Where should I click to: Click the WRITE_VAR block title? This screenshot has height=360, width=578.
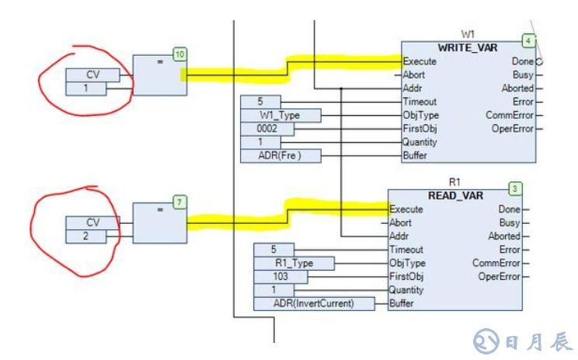click(467, 47)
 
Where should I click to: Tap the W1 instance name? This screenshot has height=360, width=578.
click(468, 34)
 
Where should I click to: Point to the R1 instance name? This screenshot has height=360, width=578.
click(455, 182)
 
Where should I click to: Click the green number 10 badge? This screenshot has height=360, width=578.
click(179, 54)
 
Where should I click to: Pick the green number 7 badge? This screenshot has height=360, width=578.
click(179, 202)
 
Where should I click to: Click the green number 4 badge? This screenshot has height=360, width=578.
click(529, 40)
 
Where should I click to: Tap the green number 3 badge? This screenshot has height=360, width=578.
click(514, 189)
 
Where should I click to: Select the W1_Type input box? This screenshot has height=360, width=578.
click(280, 115)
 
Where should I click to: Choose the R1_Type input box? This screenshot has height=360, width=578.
click(293, 263)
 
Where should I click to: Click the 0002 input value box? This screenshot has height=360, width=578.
click(267, 128)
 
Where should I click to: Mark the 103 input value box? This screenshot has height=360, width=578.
click(280, 276)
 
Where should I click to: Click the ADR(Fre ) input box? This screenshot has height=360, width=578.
click(280, 156)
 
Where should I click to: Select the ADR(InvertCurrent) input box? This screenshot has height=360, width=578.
click(304, 303)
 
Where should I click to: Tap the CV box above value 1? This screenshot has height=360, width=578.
click(92, 75)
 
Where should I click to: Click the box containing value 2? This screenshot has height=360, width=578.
click(92, 236)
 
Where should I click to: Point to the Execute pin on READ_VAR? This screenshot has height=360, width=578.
click(406, 209)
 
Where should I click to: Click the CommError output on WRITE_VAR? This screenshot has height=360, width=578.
click(514, 115)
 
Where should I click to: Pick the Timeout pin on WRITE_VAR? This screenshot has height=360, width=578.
click(420, 101)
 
